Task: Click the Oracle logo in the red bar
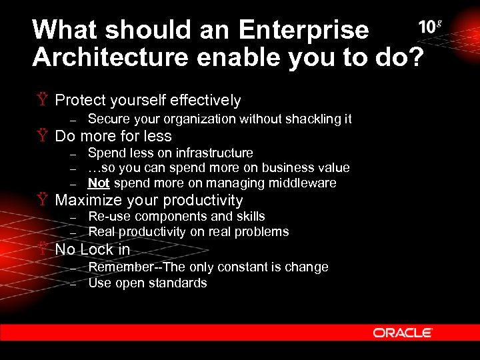click(402, 332)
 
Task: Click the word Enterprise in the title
click(303, 30)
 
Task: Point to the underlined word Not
click(99, 183)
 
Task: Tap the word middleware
click(304, 183)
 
